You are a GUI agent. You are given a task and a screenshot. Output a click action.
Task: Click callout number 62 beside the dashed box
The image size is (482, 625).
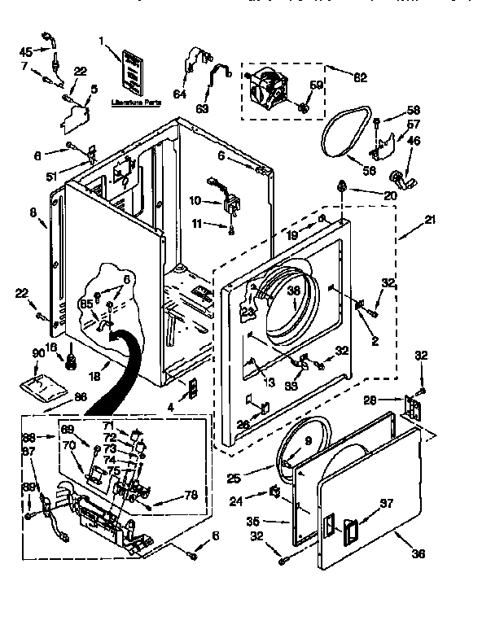[360, 78]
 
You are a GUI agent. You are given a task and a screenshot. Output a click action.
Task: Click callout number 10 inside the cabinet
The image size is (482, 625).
[195, 200]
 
